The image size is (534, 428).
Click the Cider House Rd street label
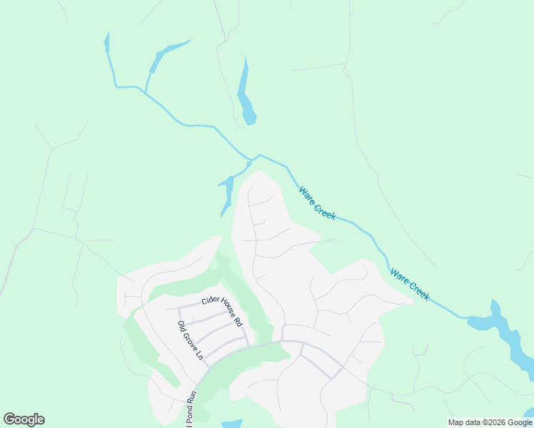pyautogui.click(x=223, y=311)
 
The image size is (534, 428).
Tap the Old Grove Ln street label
pyautogui.click(x=191, y=340)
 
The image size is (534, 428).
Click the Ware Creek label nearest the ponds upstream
pyautogui.click(x=317, y=203)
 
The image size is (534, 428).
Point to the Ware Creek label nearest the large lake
pyautogui.click(x=409, y=284)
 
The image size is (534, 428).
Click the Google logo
pyautogui.click(x=24, y=419)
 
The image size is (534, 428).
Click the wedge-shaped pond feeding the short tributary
pyautogui.click(x=168, y=52)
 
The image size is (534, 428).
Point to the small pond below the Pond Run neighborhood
pyautogui.click(x=231, y=424)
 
